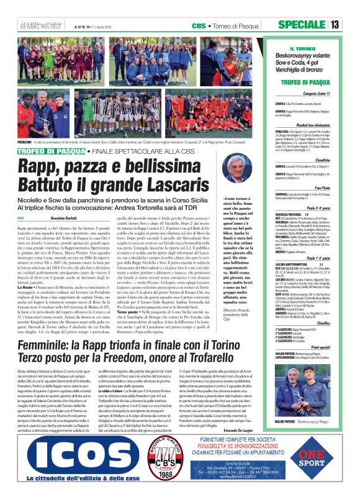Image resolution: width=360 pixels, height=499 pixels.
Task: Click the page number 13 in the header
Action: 352,25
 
